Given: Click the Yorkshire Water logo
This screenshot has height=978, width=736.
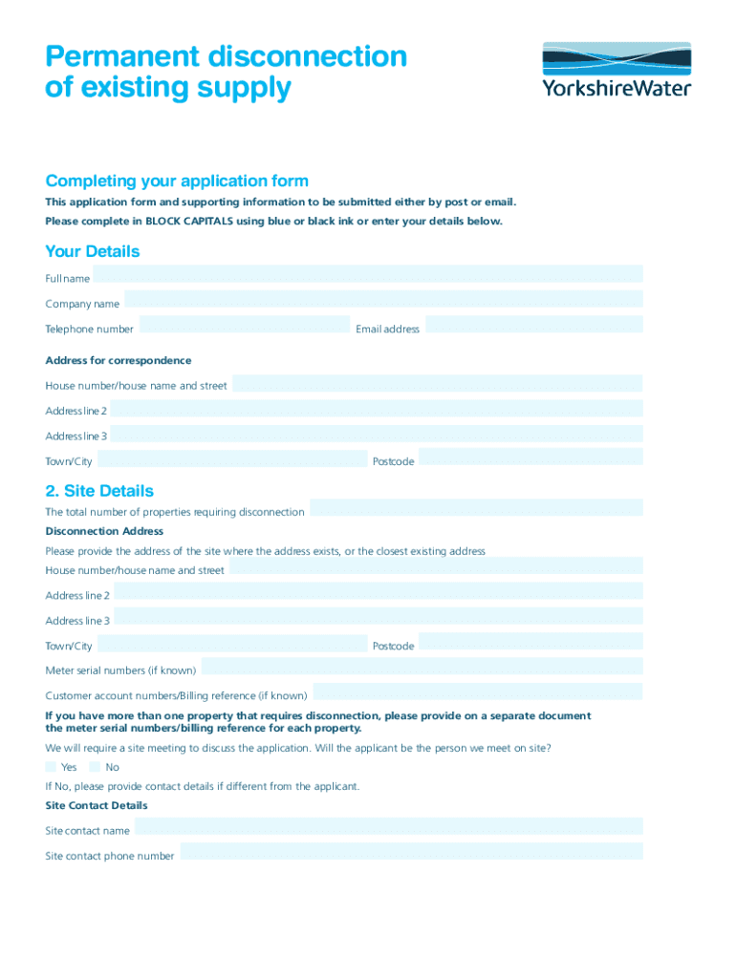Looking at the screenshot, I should click(617, 69).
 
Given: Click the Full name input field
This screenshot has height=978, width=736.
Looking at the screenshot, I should click(368, 274).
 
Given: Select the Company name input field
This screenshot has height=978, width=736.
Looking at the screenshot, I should click(382, 300).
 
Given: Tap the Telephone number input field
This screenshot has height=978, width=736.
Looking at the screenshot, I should click(245, 325).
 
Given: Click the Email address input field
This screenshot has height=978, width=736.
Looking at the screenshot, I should click(533, 325).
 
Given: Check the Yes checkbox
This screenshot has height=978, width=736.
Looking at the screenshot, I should click(51, 766).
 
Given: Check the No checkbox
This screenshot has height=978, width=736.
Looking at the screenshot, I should click(95, 766).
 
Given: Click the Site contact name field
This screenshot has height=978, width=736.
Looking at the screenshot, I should click(388, 827).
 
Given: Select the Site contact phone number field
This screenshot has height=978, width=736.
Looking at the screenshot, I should click(411, 852).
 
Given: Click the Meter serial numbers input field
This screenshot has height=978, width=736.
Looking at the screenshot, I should click(422, 667).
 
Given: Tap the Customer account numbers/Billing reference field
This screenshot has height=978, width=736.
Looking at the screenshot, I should click(478, 691).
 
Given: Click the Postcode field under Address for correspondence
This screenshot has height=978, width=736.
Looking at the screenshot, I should click(530, 457).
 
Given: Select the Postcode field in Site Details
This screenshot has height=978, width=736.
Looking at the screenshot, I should click(530, 642).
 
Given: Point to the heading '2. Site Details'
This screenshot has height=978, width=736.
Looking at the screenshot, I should click(99, 491).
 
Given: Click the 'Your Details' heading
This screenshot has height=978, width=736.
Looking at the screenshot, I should click(93, 251).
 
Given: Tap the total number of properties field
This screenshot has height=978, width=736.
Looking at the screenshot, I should click(476, 508).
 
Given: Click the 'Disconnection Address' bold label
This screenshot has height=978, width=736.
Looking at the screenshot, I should click(104, 531).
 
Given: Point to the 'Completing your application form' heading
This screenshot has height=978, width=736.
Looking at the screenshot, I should click(177, 181).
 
